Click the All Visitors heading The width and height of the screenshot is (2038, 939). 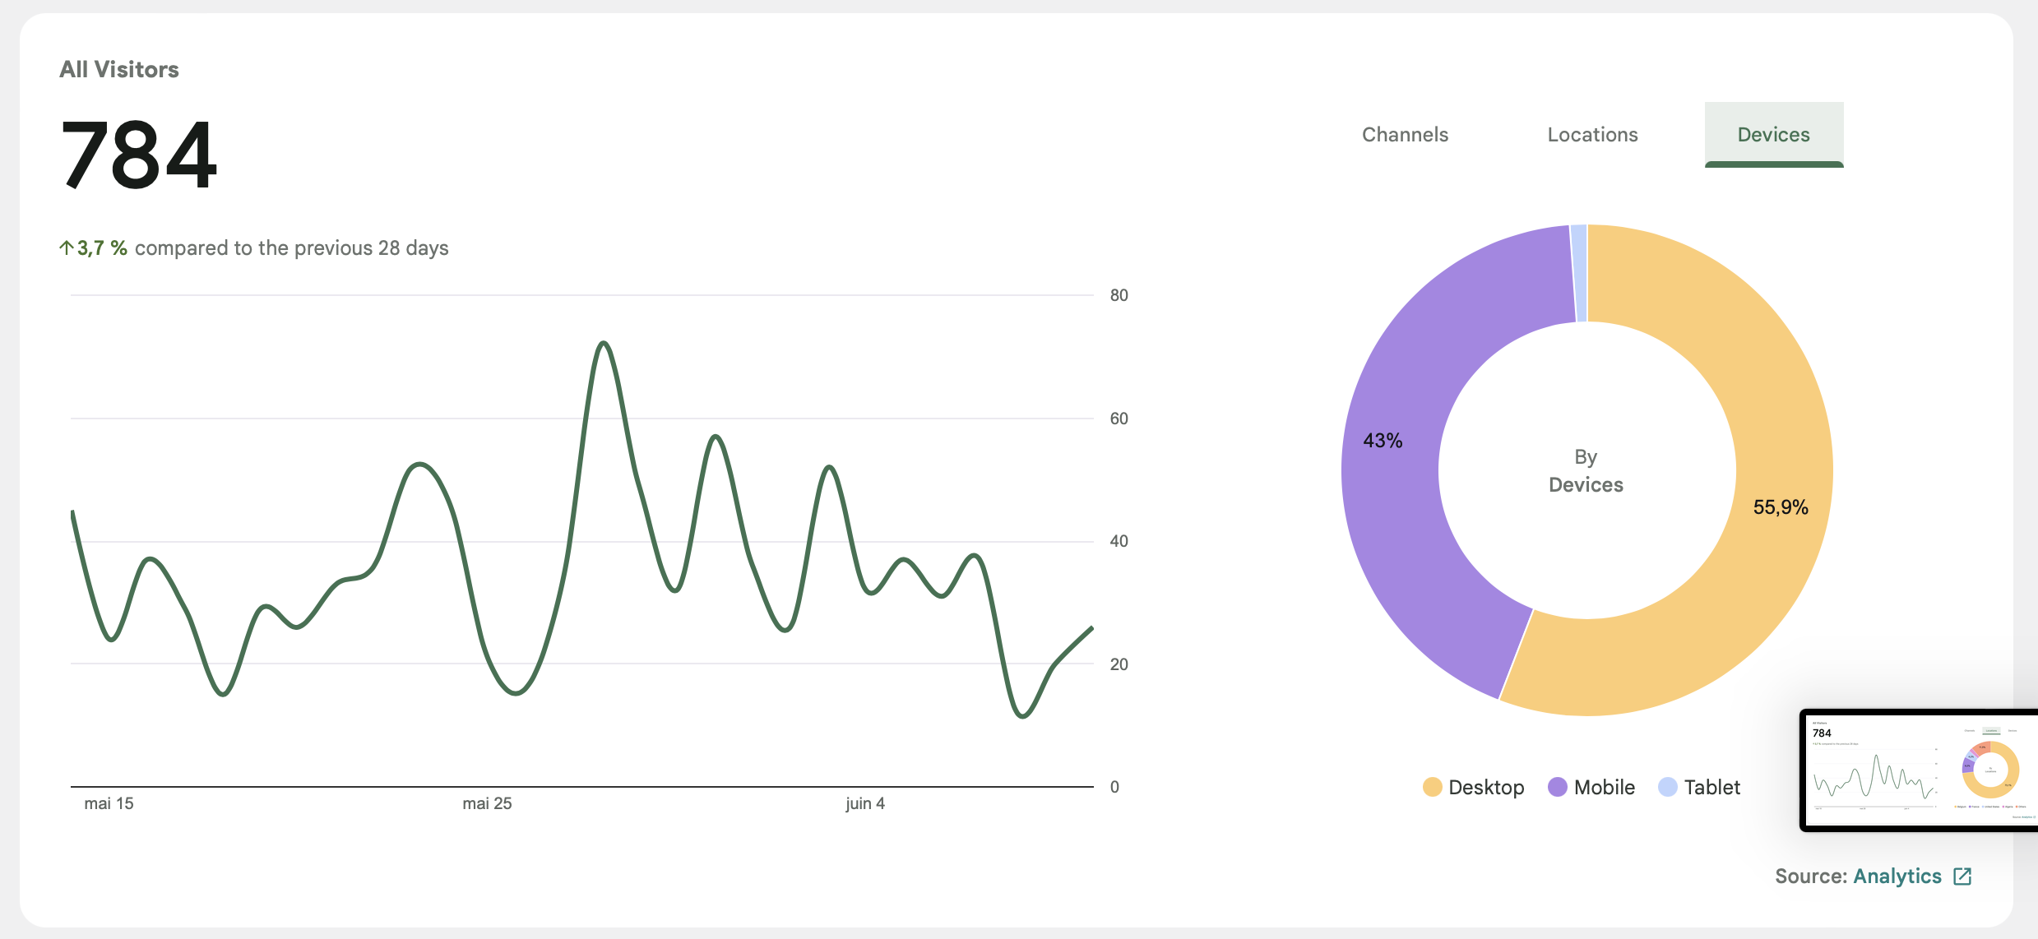[x=119, y=70]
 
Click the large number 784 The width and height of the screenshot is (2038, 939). [x=139, y=155]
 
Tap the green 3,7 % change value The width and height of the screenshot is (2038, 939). [x=101, y=248]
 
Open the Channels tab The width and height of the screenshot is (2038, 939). [x=1405, y=135]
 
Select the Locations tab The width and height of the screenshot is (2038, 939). [x=1592, y=135]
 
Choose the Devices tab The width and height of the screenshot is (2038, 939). [x=1773, y=135]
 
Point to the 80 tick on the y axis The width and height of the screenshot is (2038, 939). [x=1119, y=295]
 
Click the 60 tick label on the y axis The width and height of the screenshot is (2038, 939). [x=1119, y=419]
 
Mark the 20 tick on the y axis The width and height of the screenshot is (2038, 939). [x=1119, y=664]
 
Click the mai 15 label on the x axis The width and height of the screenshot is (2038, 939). [x=109, y=803]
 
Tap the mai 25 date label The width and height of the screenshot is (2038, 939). [x=487, y=803]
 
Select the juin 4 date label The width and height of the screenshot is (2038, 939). [x=865, y=803]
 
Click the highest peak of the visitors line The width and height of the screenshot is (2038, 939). [x=604, y=344]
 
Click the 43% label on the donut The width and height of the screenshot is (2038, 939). [x=1383, y=441]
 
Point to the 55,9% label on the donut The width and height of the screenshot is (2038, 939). [x=1781, y=507]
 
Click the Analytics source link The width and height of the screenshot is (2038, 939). [x=1897, y=877]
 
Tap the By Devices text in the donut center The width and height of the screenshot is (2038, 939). [x=1586, y=471]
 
